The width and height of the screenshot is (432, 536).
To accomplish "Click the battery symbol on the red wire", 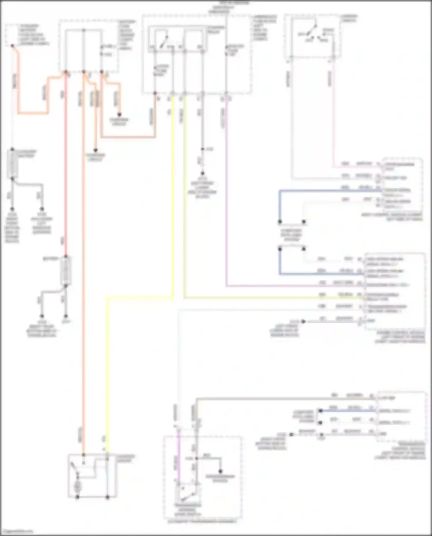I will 66,271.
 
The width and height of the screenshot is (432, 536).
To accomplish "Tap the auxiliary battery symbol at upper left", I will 12,164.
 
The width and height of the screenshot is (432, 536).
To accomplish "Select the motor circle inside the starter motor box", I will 77,486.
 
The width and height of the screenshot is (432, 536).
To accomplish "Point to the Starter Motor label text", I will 126,458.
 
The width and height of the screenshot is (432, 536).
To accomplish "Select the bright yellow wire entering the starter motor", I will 107,374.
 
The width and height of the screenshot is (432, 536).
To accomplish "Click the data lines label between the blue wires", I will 291,235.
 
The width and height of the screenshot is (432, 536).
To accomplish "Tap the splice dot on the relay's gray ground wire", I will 202,149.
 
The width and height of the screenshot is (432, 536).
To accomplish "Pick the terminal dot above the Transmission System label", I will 220,471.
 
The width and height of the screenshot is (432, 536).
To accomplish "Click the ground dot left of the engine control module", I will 303,321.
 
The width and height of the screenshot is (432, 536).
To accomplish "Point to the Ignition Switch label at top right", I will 349,18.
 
